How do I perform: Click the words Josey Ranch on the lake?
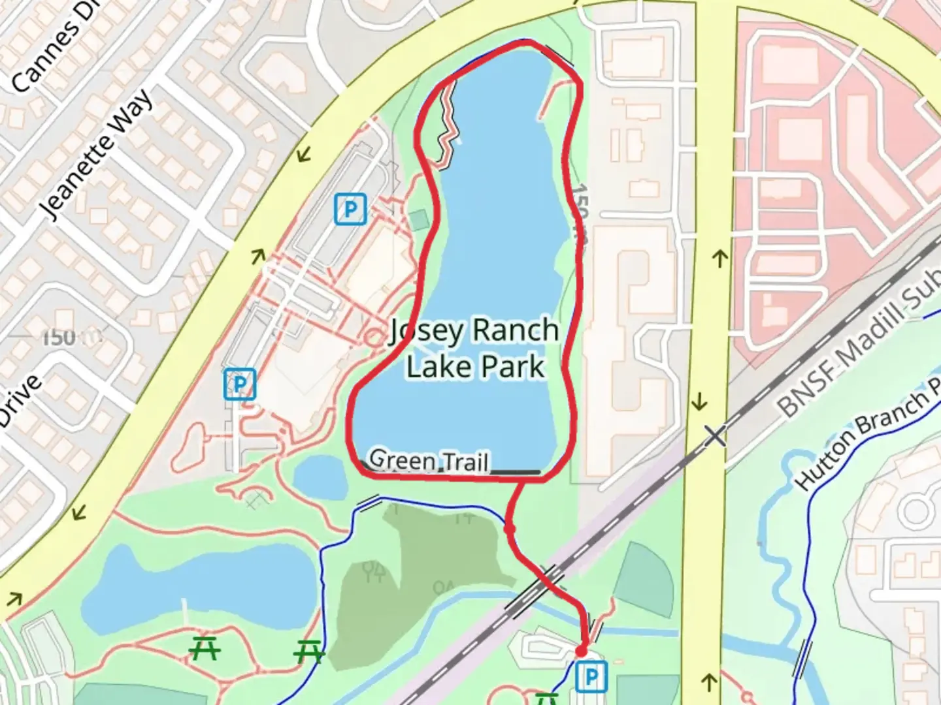474,331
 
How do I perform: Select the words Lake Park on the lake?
475,366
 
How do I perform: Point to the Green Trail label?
429,460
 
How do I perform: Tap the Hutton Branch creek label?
866,439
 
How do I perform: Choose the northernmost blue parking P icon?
350,210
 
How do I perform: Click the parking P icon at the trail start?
591,677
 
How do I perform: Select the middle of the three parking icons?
240,384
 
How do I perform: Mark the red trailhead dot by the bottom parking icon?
581,651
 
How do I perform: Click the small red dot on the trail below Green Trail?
510,529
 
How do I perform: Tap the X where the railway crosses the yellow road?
716,435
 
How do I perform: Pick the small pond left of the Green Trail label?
319,477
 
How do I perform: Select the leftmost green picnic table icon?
205,648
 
